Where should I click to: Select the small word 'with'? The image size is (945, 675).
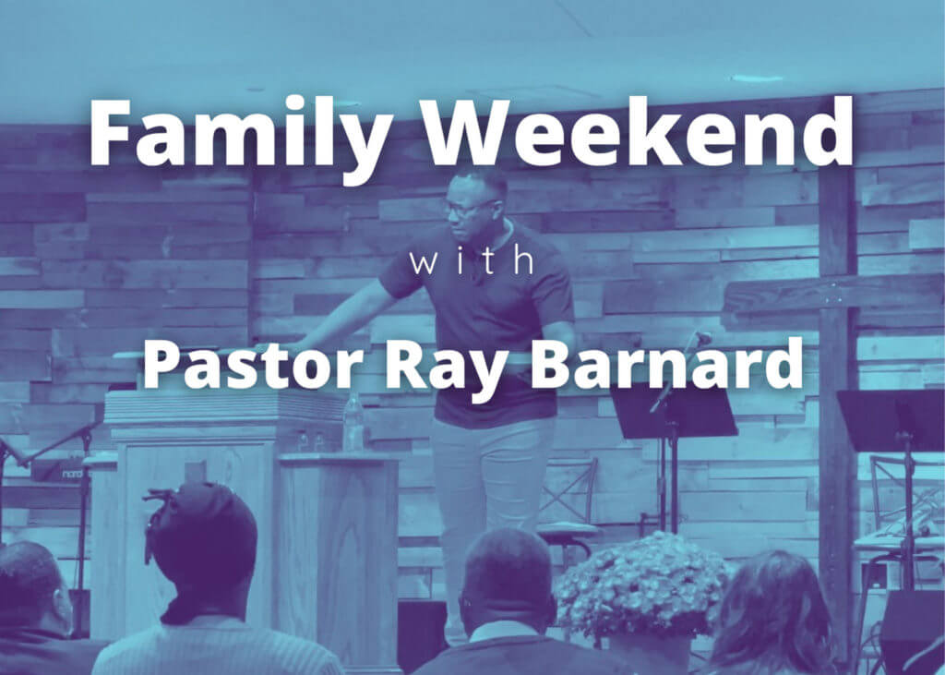tap(472, 261)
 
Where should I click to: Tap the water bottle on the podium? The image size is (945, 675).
tap(353, 422)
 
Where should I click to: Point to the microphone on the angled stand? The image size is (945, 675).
tap(701, 337)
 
